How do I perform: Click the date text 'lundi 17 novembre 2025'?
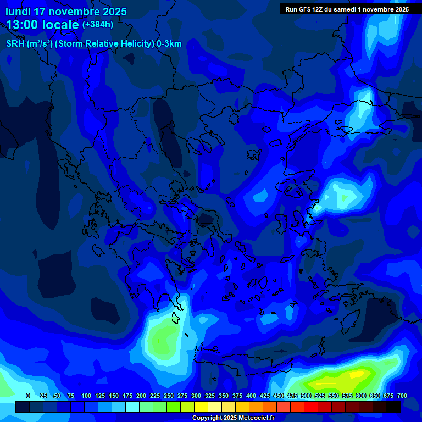coord(66,12)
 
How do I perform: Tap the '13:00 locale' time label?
coord(43,25)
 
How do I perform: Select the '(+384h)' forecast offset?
coord(97,25)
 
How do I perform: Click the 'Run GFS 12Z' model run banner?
coord(347,9)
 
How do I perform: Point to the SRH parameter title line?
coord(93,44)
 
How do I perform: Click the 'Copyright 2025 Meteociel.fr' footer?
coord(233,418)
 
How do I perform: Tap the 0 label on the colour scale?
coord(28,396)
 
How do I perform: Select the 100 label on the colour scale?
coord(86,396)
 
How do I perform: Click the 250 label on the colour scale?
coord(169,396)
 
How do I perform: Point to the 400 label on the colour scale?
coord(251,396)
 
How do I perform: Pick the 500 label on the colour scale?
coord(306,396)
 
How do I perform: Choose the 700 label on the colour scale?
coord(402,396)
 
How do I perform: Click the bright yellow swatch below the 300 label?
coord(201,407)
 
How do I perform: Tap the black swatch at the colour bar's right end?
coord(393,407)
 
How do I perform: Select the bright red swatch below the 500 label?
coord(311,407)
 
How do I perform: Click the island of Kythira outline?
coord(176,318)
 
